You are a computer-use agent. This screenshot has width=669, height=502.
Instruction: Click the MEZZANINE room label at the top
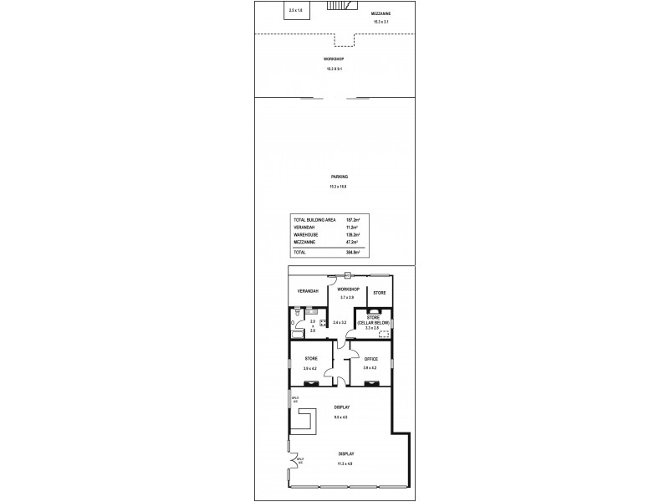380,14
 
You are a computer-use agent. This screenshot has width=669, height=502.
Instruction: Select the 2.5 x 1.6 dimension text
296,10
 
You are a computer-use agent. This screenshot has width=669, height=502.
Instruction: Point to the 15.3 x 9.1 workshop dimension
334,69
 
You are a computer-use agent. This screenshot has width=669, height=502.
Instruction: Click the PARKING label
340,177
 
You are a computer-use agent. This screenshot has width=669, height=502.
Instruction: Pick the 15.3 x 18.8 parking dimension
339,187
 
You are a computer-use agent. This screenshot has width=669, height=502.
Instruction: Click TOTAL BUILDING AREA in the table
315,219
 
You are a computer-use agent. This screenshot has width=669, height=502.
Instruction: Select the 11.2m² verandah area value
352,227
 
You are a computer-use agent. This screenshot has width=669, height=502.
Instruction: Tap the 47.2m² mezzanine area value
352,242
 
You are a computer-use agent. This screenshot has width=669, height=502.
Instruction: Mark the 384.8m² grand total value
352,251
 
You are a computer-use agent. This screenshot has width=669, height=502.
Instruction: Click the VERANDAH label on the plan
309,290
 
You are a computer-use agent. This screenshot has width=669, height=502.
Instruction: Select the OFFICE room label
371,359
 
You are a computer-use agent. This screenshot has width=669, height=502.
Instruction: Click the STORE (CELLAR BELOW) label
374,320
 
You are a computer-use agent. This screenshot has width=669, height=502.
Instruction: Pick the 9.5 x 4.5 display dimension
340,417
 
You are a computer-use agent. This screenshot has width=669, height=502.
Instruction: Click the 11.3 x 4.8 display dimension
346,463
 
